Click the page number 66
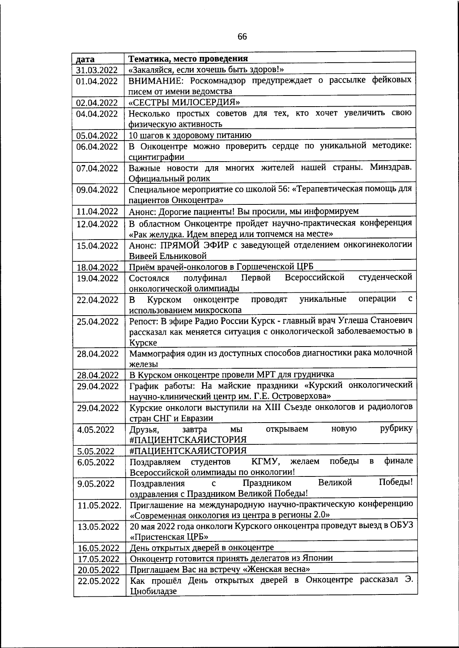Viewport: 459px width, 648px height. click(x=242, y=37)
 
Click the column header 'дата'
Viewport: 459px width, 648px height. click(x=85, y=59)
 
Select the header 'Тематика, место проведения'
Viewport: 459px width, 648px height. click(x=188, y=59)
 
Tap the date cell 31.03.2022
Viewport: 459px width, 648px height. click(x=97, y=70)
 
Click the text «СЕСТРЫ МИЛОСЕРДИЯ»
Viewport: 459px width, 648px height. click(x=184, y=102)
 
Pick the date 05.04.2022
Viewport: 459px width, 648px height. click(x=97, y=136)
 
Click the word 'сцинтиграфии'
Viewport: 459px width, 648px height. click(x=156, y=157)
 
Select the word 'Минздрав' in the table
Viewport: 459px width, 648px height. click(x=391, y=167)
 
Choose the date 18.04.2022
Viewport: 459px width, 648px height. click(x=98, y=267)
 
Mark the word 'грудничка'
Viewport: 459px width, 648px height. click(x=315, y=374)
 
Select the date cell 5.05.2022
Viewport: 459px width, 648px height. click(x=96, y=451)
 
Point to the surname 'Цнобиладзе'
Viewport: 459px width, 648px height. click(x=154, y=591)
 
